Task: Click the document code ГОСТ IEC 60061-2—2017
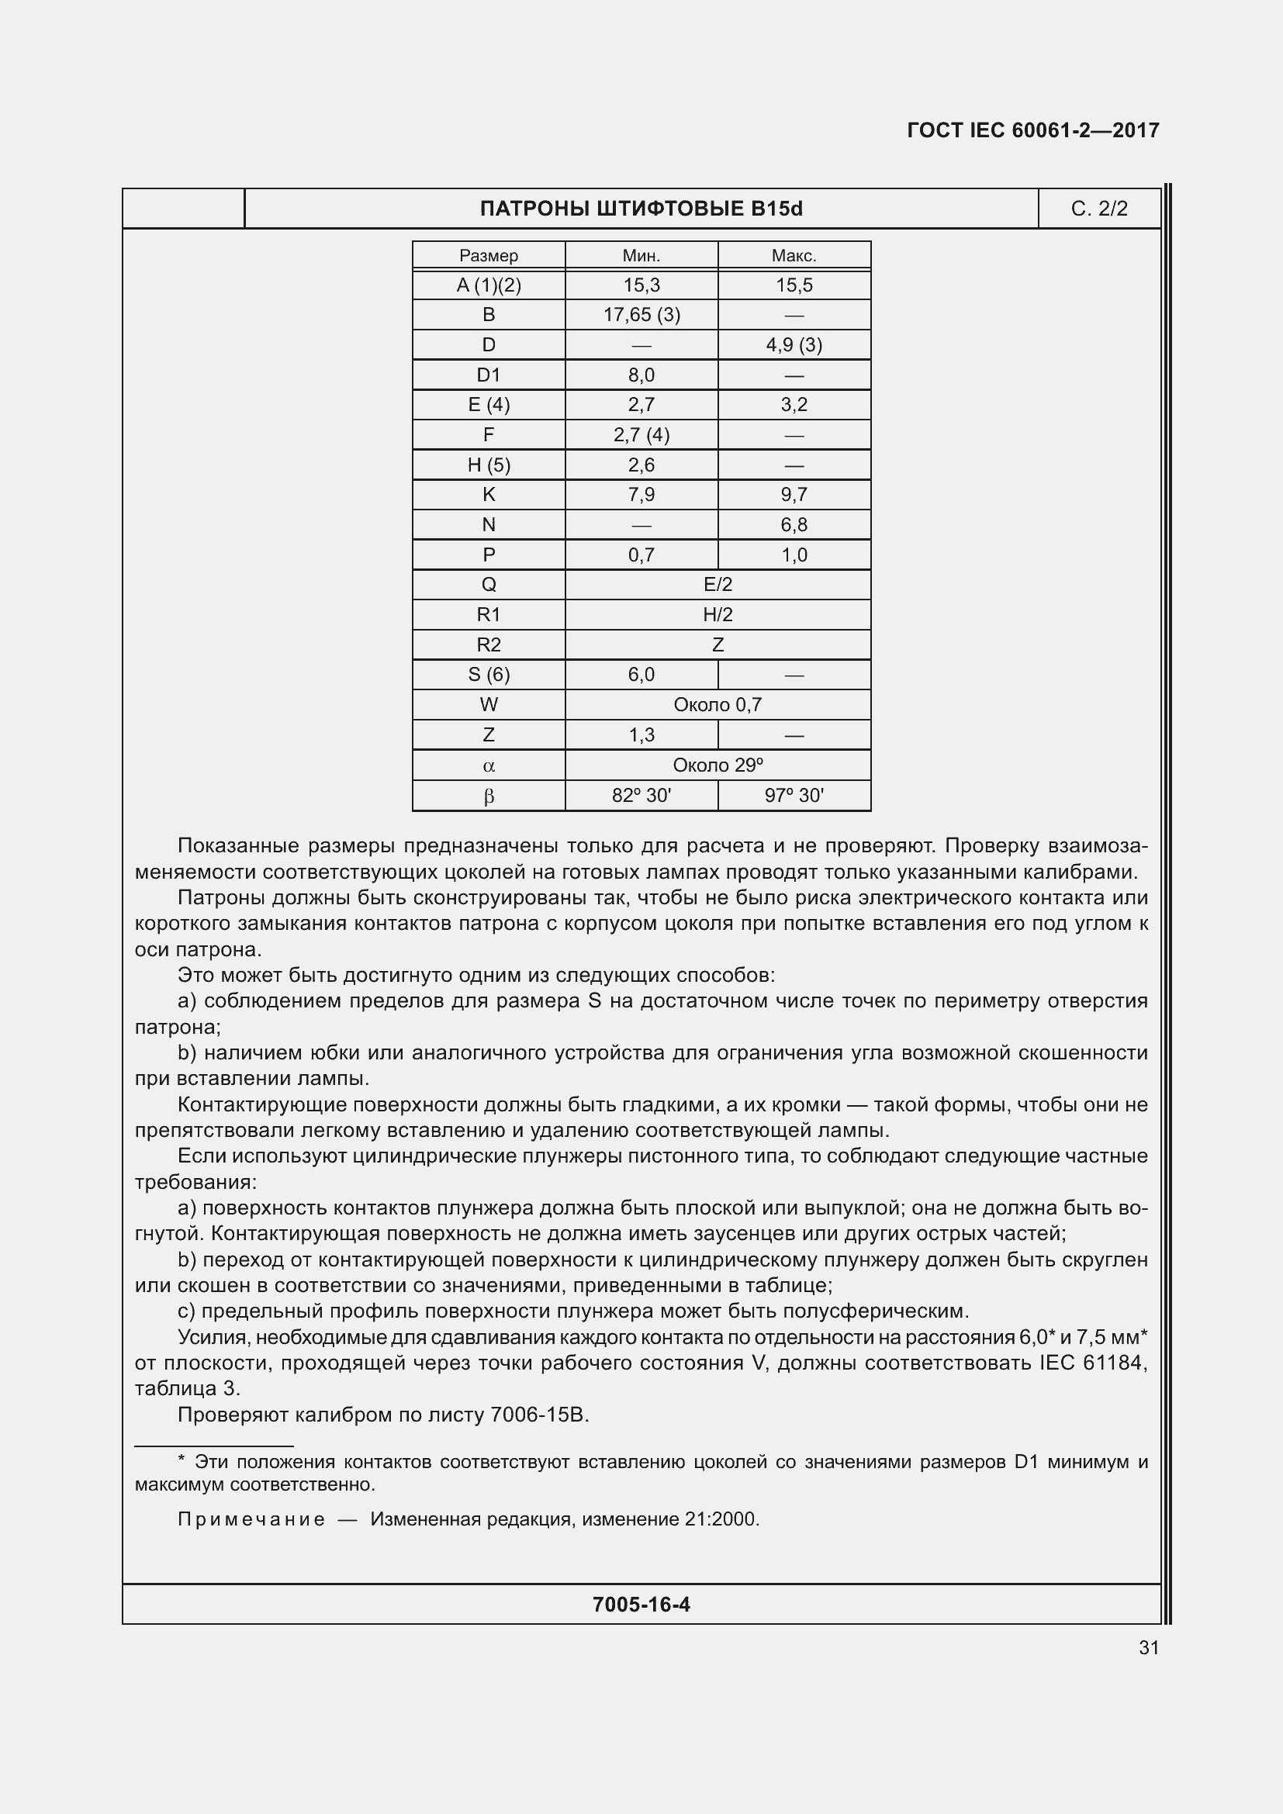pyautogui.click(x=1032, y=130)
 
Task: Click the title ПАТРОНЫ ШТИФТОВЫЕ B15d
pyautogui.click(x=641, y=209)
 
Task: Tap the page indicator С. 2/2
pyautogui.click(x=1099, y=209)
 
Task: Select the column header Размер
pyautogui.click(x=488, y=256)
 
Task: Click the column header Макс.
pyautogui.click(x=794, y=256)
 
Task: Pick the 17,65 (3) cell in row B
pyautogui.click(x=641, y=315)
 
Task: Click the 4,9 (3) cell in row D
pyautogui.click(x=794, y=345)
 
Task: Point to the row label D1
pyautogui.click(x=488, y=375)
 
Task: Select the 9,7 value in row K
pyautogui.click(x=794, y=495)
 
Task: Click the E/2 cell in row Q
pyautogui.click(x=718, y=585)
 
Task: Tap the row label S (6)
pyautogui.click(x=488, y=675)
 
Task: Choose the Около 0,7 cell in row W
pyautogui.click(x=718, y=705)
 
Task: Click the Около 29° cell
pyautogui.click(x=718, y=765)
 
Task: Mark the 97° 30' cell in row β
pyautogui.click(x=794, y=796)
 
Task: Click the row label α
pyautogui.click(x=488, y=765)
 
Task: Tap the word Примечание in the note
pyautogui.click(x=251, y=1519)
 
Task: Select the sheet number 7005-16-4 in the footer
pyautogui.click(x=641, y=1605)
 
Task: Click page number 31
pyautogui.click(x=1149, y=1647)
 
